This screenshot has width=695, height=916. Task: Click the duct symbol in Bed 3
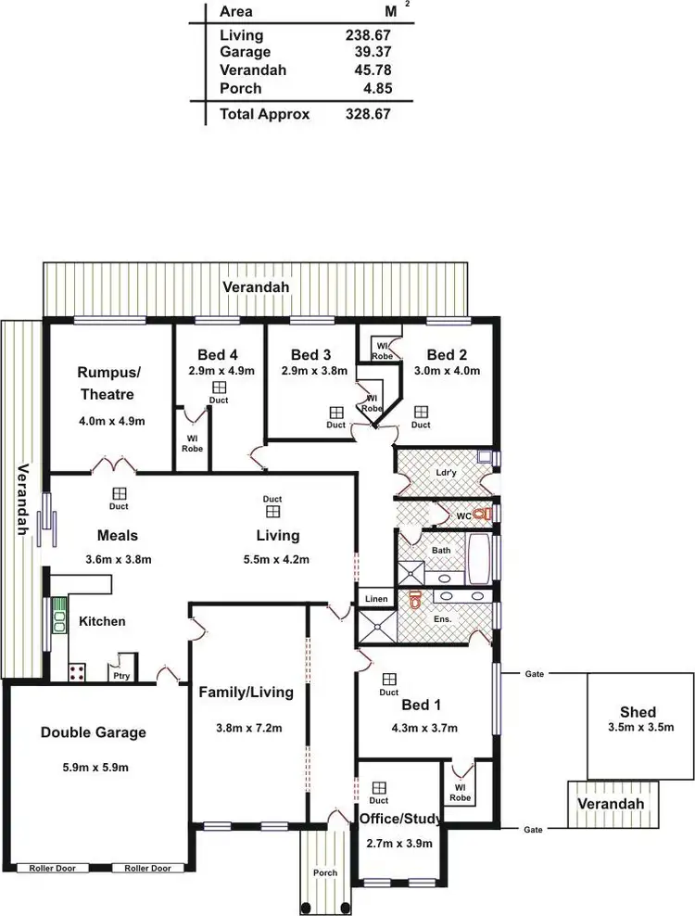click(x=336, y=413)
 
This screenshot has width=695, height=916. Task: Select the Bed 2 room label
click(x=446, y=355)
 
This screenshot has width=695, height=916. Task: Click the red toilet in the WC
click(x=479, y=514)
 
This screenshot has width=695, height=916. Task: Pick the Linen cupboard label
click(x=375, y=599)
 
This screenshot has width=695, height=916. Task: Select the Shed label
click(x=638, y=712)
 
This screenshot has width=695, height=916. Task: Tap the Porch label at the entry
click(x=324, y=872)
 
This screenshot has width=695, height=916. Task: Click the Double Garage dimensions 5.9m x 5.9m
click(x=93, y=767)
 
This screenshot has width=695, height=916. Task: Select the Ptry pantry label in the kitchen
click(x=120, y=676)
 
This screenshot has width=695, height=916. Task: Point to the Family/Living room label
click(x=246, y=692)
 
